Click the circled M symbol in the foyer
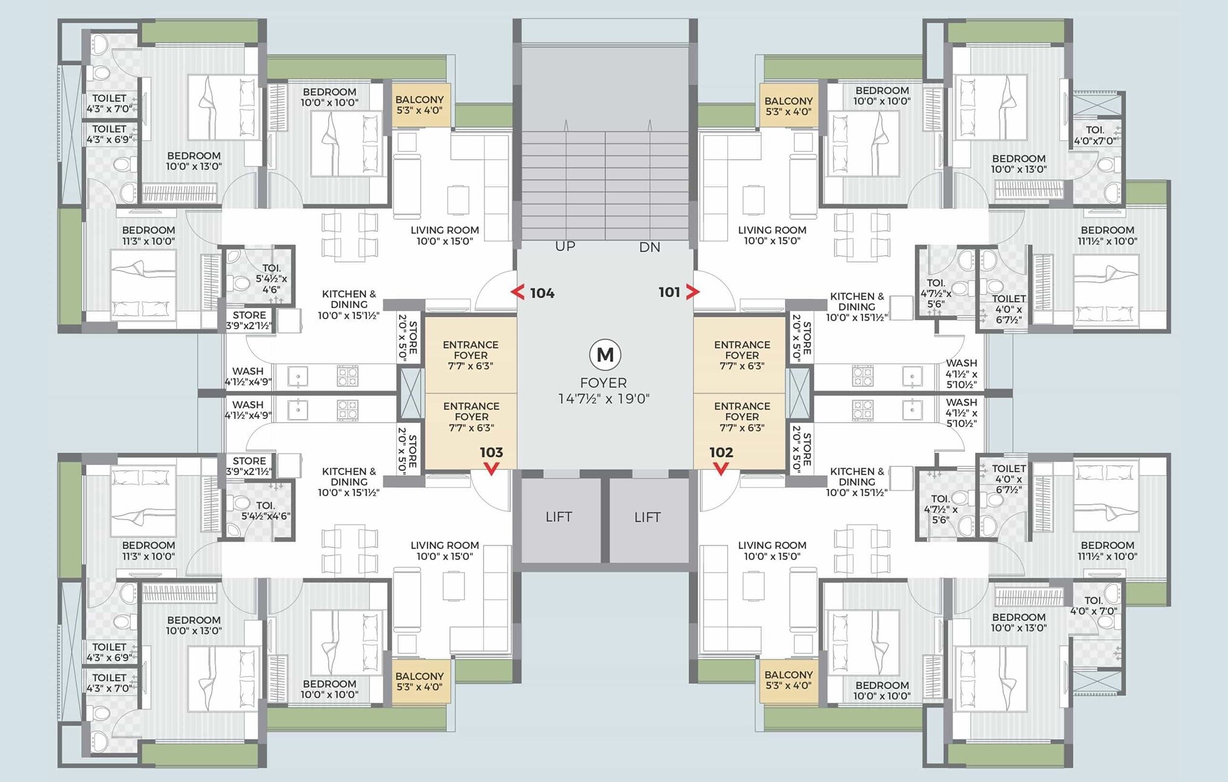[x=605, y=355]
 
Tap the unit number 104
[x=542, y=294]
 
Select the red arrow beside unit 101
[x=693, y=292]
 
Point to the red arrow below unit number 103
[x=491, y=468]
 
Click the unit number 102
[x=721, y=453]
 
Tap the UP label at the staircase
[x=565, y=246]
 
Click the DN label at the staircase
[x=650, y=247]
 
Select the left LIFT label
[x=558, y=517]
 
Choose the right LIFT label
[x=647, y=517]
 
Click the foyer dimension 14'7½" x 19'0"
[x=604, y=399]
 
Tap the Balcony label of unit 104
[x=420, y=105]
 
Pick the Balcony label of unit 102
[x=789, y=680]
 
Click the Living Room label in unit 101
[x=772, y=235]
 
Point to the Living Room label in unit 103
[x=445, y=551]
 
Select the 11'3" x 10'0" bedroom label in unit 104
[x=148, y=235]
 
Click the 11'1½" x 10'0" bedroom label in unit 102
[x=1108, y=551]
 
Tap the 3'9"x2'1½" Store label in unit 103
[x=249, y=466]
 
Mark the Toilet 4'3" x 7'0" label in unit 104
[x=109, y=103]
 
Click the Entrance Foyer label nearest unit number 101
[x=742, y=355]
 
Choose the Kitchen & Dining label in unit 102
[x=857, y=482]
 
